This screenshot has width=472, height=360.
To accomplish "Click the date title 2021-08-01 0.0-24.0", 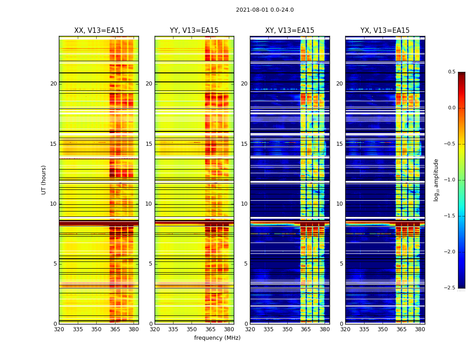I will click(x=265, y=10).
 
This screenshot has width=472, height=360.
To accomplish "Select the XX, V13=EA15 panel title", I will click(x=99, y=31).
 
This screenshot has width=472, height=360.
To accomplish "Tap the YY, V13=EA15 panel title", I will click(x=194, y=31).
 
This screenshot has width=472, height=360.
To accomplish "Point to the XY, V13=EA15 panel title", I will click(x=289, y=31).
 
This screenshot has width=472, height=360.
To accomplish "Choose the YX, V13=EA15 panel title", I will click(x=385, y=31).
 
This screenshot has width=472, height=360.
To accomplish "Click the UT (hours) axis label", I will click(x=44, y=180).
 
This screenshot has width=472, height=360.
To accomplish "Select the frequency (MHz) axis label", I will click(x=217, y=338).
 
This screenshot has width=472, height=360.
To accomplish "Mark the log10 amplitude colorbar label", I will click(x=436, y=180).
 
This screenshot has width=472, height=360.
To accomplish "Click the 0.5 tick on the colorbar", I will click(x=451, y=72).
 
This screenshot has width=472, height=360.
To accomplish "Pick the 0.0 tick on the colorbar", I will click(x=451, y=108).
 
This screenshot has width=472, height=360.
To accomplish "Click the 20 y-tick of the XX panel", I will click(x=53, y=84).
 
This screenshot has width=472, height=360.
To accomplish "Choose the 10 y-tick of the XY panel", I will click(x=244, y=204).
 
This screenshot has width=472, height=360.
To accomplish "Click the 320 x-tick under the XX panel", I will click(x=59, y=329).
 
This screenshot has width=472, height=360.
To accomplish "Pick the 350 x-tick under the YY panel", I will click(x=192, y=329).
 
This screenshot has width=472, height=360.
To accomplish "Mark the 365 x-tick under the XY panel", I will click(x=306, y=329).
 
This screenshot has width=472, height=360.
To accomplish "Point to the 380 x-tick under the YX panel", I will click(x=420, y=329).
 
